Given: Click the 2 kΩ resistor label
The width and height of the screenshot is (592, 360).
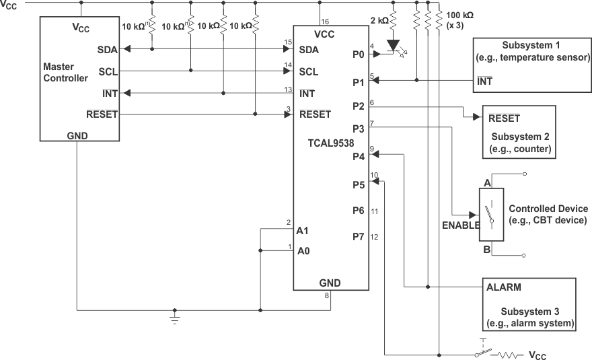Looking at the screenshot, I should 379,20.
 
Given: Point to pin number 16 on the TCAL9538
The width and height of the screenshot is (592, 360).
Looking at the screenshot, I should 325,22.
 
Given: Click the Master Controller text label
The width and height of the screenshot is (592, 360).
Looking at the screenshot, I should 65,73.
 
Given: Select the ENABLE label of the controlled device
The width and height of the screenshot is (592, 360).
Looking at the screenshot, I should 459,225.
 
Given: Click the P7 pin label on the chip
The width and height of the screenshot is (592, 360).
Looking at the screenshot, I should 358,236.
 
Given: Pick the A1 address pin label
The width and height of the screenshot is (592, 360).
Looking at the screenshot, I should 302,230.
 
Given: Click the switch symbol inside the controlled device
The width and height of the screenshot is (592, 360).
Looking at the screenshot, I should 492,215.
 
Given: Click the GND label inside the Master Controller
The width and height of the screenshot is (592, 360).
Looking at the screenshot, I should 77,135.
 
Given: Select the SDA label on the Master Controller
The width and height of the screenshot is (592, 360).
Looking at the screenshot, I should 106,50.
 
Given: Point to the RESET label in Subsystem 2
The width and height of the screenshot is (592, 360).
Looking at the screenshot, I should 504,118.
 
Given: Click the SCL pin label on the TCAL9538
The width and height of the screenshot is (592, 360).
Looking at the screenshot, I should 309,71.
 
